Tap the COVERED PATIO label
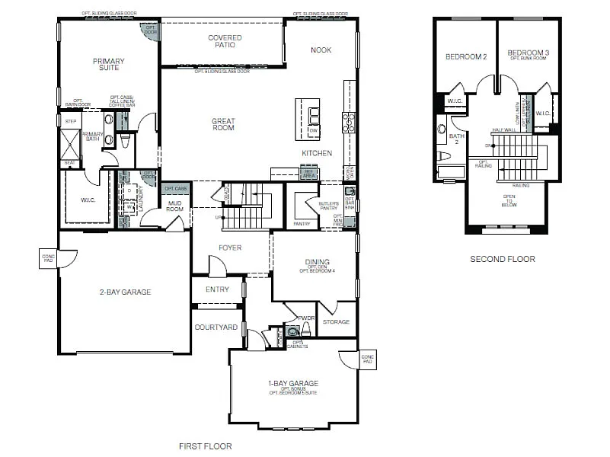pyautogui.click(x=225, y=42)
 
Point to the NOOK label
pyautogui.click(x=321, y=50)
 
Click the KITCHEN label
pyautogui.click(x=317, y=153)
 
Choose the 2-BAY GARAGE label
pyautogui.click(x=125, y=292)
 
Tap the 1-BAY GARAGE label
pyautogui.click(x=292, y=384)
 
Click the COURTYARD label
pyautogui.click(x=216, y=328)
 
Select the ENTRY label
pyautogui.click(x=217, y=289)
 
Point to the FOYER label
pyautogui.click(x=230, y=248)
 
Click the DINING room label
pyautogui.click(x=317, y=260)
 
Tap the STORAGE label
pyautogui.click(x=336, y=322)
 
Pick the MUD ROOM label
pyautogui.click(x=175, y=206)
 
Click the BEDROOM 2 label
pyautogui.click(x=466, y=57)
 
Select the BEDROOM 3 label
pyautogui.click(x=529, y=53)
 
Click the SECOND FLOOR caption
pyautogui.click(x=502, y=259)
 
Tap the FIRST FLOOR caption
pyautogui.click(x=206, y=446)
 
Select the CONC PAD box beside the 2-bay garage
pyautogui.click(x=47, y=259)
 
